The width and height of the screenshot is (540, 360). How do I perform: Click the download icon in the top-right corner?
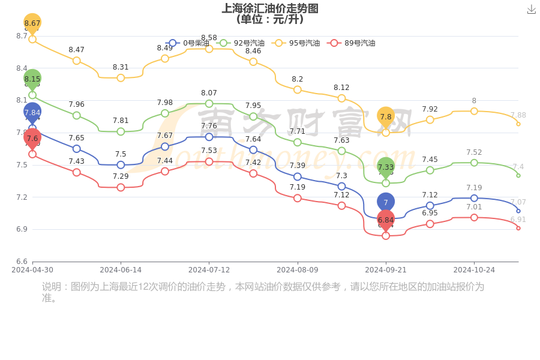pos(531,9)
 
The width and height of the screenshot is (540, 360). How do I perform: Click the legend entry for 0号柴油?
pos(188,43)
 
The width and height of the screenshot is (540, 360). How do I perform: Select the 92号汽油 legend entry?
pos(241,43)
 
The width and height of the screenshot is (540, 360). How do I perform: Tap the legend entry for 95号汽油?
pos(296,43)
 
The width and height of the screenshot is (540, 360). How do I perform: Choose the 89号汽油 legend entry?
pos(352,43)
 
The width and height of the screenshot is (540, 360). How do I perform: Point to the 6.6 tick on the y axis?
pos(22,262)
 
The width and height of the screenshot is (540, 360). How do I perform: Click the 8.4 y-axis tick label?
pos(22,68)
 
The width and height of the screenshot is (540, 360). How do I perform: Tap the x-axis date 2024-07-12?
pos(209,270)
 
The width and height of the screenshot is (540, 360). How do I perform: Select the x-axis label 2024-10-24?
pos(474,270)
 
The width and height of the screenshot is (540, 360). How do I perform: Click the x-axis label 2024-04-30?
pos(32,270)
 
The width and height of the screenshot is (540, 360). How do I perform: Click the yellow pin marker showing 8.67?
pos(32,23)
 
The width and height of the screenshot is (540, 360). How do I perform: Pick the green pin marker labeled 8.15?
pos(32,79)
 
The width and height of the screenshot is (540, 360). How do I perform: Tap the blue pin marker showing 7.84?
pos(32,112)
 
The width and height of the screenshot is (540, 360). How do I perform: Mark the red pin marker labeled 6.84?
pos(386,220)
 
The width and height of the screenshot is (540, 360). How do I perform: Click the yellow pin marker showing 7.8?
pos(386,116)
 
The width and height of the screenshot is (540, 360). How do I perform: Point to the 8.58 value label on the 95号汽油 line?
pos(209,38)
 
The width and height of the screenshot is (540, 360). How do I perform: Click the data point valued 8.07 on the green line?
pos(209,104)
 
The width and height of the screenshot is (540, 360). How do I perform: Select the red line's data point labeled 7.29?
pos(121,187)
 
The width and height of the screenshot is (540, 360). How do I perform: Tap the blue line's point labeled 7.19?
pos(474,198)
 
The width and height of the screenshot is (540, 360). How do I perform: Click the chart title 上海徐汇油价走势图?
pos(270,8)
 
